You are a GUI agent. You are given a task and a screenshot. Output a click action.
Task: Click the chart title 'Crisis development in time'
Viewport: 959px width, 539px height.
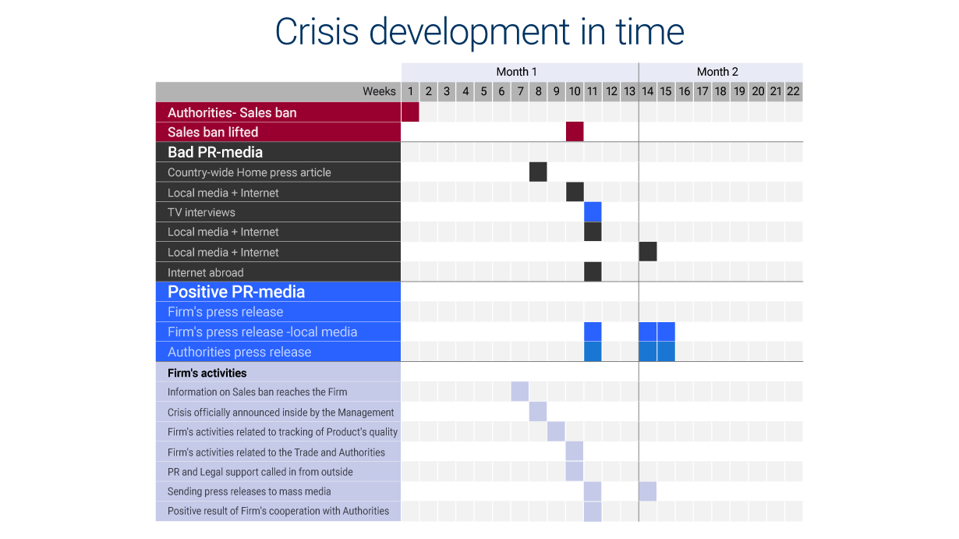tap(479, 32)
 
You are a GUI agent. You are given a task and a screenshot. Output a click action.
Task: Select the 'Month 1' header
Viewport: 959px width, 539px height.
tap(516, 72)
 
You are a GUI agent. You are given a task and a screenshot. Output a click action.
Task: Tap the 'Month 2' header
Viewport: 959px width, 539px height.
tap(717, 72)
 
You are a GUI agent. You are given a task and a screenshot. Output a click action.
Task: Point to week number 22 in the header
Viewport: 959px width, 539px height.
tap(793, 91)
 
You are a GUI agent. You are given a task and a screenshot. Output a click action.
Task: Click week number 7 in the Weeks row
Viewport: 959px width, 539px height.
tap(520, 91)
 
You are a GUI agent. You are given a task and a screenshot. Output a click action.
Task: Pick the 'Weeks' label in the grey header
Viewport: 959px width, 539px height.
tap(379, 91)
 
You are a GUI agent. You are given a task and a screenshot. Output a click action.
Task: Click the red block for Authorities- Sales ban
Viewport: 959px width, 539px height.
tap(410, 112)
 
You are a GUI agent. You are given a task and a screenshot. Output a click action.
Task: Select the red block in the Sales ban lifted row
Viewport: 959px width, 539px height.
tap(575, 132)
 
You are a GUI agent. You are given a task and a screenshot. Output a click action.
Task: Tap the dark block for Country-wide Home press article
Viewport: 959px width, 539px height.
tap(538, 172)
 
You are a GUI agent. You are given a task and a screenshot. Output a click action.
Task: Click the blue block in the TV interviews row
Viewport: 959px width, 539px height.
tap(593, 211)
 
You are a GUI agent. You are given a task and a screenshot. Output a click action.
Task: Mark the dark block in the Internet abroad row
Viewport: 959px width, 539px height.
tap(593, 271)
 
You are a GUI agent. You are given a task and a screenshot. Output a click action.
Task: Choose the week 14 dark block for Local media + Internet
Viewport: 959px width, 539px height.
tap(648, 251)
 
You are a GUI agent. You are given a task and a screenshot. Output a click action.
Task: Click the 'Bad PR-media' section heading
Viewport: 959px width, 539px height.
tap(215, 152)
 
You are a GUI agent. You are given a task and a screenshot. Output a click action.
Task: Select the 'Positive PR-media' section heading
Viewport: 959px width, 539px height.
tap(236, 292)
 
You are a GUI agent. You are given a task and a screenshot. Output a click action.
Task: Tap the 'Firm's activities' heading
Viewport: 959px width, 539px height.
tap(207, 373)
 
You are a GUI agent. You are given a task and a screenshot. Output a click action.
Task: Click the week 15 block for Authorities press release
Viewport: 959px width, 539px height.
tap(666, 351)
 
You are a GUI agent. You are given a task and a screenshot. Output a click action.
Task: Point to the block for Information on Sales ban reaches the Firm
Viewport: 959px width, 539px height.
tap(520, 391)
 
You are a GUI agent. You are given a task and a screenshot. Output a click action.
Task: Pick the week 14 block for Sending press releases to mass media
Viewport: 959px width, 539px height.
tap(648, 491)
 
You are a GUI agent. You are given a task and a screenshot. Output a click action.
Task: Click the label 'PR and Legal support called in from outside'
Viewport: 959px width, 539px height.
tap(260, 472)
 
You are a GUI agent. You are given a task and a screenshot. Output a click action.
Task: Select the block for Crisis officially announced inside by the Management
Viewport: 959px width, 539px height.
tap(538, 411)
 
